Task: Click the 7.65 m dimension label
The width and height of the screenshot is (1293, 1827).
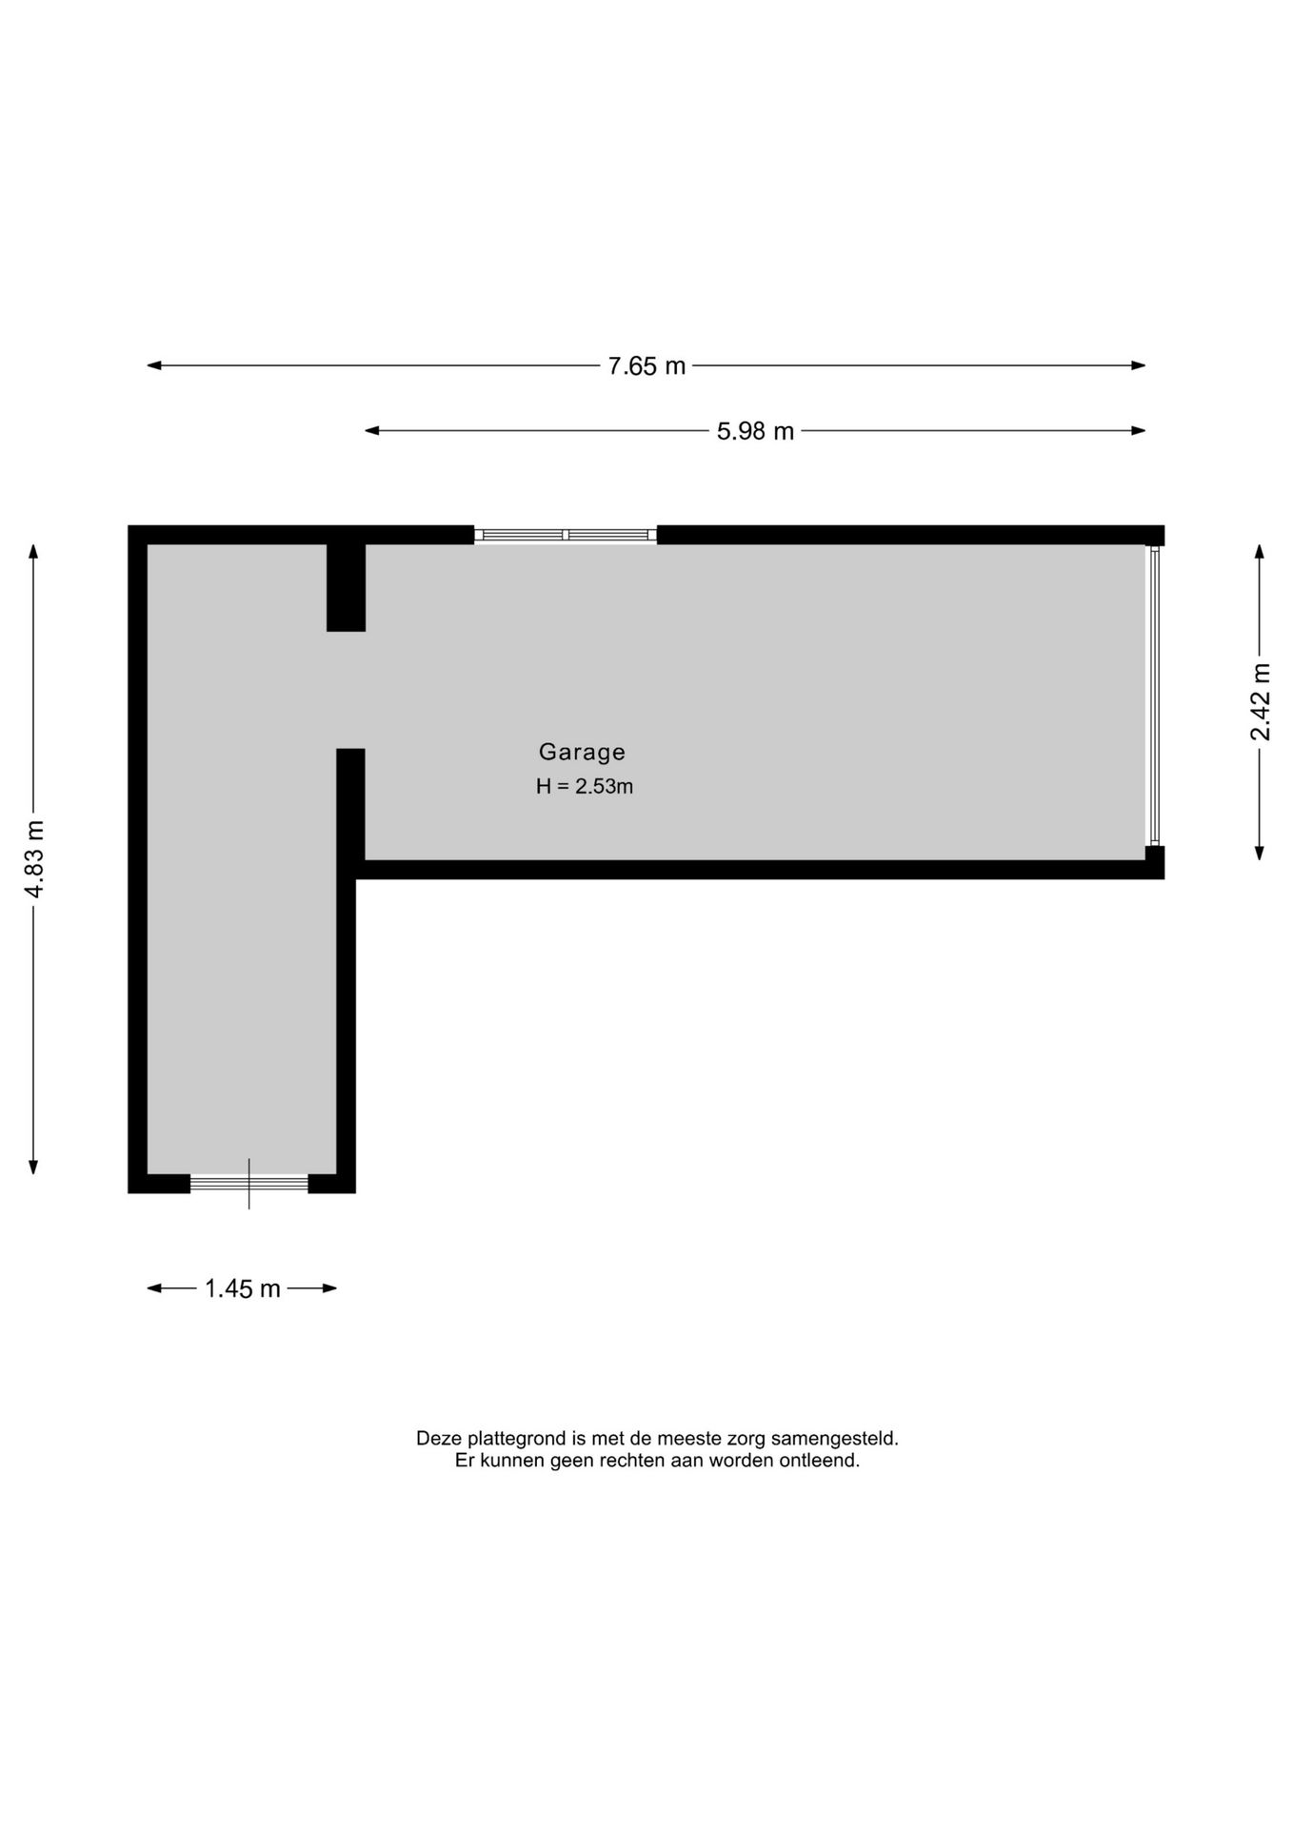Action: (x=646, y=366)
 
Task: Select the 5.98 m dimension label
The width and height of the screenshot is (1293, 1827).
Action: (x=755, y=431)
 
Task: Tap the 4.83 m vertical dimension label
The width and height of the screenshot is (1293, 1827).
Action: (x=34, y=858)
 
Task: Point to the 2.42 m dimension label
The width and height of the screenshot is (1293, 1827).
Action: (x=1261, y=701)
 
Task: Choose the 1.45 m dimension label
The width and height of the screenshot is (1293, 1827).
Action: (x=243, y=1288)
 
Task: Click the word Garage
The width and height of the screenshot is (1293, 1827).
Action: (x=582, y=752)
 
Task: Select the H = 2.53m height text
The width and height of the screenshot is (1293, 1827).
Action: (x=584, y=786)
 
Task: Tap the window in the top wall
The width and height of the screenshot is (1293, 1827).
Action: (x=566, y=535)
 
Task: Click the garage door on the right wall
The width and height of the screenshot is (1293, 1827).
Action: (x=1154, y=696)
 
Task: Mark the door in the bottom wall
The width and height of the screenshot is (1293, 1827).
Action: (x=249, y=1183)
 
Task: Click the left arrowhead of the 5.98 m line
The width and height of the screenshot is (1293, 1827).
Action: (x=372, y=431)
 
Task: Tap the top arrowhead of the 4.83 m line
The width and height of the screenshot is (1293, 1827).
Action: (x=34, y=552)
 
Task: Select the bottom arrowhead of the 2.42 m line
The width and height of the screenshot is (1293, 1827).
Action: (x=1260, y=853)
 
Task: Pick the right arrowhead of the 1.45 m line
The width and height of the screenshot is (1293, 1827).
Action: (x=330, y=1288)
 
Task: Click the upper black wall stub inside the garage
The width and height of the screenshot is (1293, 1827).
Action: (x=346, y=587)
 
